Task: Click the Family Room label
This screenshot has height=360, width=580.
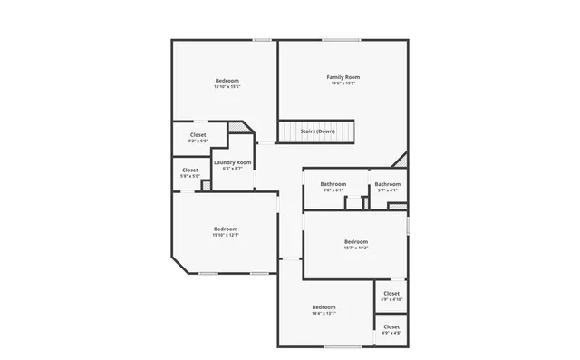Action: coord(343,77)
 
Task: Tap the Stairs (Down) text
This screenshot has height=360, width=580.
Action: coord(317,131)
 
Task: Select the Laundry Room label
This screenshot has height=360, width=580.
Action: coord(232,162)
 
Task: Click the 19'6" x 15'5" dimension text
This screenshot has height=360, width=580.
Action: coord(343,85)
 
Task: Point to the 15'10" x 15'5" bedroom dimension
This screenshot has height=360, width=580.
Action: coord(227,87)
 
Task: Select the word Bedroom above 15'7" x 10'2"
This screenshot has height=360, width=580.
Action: coord(356,241)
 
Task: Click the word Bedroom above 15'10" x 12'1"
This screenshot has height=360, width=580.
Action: coord(226,228)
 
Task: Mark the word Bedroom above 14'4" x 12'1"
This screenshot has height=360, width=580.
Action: coord(324,306)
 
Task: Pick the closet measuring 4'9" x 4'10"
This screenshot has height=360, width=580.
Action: coord(391,294)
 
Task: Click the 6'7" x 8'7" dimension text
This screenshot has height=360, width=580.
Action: coord(232,169)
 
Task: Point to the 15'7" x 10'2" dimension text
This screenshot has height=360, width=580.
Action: coord(356,248)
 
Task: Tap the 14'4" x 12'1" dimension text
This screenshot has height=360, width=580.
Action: coord(324,314)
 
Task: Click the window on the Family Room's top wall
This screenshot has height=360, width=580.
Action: coord(342,39)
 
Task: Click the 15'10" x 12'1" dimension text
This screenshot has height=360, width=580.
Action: coord(226,235)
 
